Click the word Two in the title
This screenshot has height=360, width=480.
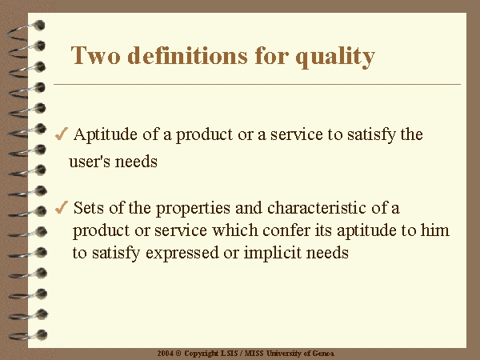pos(95,55)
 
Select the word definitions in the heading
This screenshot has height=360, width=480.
pos(187,55)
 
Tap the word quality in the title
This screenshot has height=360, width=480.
pos(335,58)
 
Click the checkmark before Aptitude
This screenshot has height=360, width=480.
pos(62,134)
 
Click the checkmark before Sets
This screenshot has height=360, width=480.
pos(62,207)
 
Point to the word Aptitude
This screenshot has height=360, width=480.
pos(106,134)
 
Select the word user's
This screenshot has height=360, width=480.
pos(90,162)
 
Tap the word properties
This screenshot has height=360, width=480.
pos(193,209)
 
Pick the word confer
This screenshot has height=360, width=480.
pos(286,230)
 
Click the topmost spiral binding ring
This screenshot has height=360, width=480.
pos(26,30)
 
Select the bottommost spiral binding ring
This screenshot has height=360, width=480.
pos(27,335)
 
